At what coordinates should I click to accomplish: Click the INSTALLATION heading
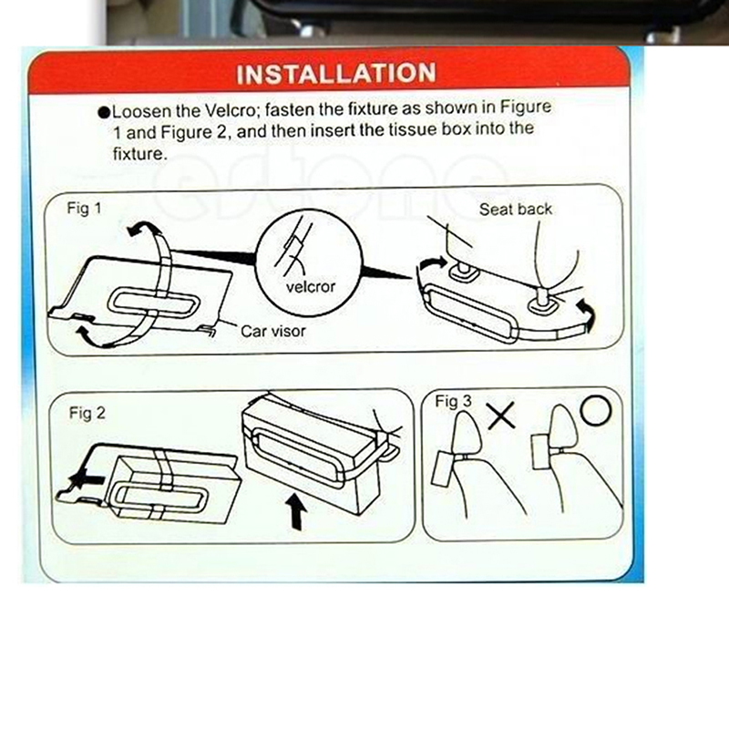pyautogui.click(x=336, y=74)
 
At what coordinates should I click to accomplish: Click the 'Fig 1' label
pyautogui.click(x=84, y=209)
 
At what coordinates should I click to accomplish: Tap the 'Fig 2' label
pyautogui.click(x=87, y=413)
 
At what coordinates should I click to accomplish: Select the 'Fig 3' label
pyautogui.click(x=453, y=401)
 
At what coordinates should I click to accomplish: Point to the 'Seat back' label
pyautogui.click(x=516, y=210)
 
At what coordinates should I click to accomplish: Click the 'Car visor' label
pyautogui.click(x=273, y=331)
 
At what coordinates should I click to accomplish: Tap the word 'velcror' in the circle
pyautogui.click(x=310, y=287)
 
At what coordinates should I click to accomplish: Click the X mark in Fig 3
pyautogui.click(x=500, y=416)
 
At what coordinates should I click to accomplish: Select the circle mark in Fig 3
pyautogui.click(x=597, y=410)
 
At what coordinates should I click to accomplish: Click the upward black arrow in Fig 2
pyautogui.click(x=295, y=511)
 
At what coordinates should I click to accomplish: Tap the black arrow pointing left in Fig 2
pyautogui.click(x=85, y=480)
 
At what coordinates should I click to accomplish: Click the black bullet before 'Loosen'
pyautogui.click(x=105, y=112)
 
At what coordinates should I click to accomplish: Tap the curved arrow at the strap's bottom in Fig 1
pyautogui.click(x=91, y=338)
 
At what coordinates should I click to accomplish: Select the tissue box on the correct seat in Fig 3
pyautogui.click(x=541, y=452)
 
